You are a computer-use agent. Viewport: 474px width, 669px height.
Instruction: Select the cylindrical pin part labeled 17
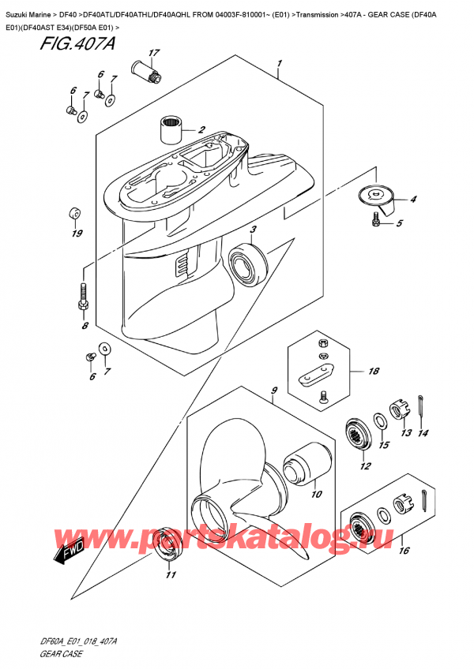tap(145, 72)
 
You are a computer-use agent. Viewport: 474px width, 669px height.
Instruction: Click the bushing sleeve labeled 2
tap(171, 125)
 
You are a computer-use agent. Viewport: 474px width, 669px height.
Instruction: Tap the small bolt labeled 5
tap(376, 223)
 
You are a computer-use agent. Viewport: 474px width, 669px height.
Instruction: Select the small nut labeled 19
tap(74, 213)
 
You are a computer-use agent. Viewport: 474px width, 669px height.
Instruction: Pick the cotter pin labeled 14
tap(424, 406)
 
